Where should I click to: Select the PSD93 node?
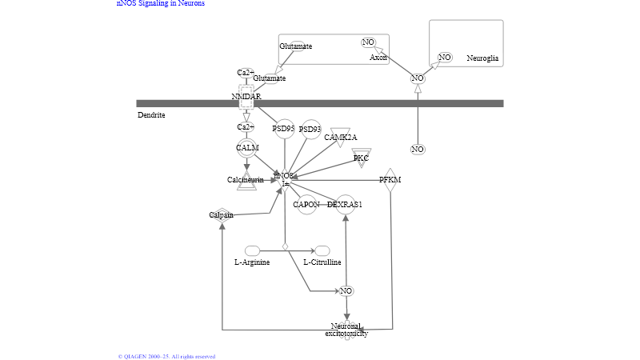tap(310, 129)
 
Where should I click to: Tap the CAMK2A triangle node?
tap(341, 137)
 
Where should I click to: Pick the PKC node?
tap(362, 158)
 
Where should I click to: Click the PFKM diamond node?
tap(390, 179)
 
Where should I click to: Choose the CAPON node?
tap(306, 205)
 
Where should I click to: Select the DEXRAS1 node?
tap(345, 205)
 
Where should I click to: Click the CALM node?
tap(247, 149)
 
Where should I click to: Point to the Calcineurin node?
tap(246, 180)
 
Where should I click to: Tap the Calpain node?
tap(222, 214)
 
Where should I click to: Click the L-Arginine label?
tap(252, 262)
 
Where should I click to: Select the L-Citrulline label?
tap(322, 262)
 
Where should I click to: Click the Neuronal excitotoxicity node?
tap(346, 330)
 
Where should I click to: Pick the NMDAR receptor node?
tap(246, 97)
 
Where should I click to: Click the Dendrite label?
tap(151, 115)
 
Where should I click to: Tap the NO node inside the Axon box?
tap(368, 42)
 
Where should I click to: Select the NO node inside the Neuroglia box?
tap(445, 58)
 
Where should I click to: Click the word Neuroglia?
tap(482, 58)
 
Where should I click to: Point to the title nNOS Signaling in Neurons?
tap(161, 3)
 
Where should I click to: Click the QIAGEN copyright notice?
tap(166, 356)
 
